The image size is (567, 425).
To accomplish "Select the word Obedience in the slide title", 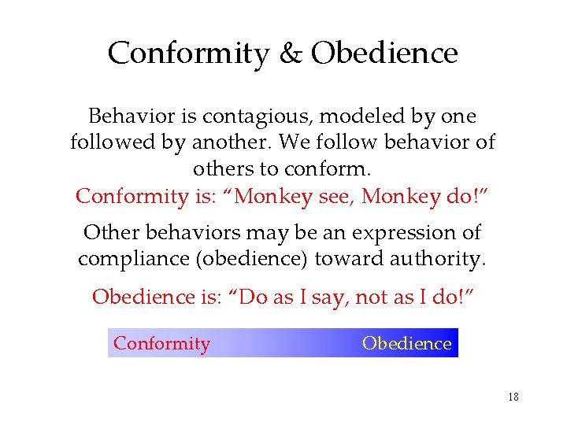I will (384, 54).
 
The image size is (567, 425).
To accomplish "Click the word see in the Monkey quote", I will (333, 195).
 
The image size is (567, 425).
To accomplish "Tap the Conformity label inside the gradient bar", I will (162, 343).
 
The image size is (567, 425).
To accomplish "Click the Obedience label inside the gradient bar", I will (406, 343).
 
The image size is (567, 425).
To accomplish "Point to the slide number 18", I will (513, 397).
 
